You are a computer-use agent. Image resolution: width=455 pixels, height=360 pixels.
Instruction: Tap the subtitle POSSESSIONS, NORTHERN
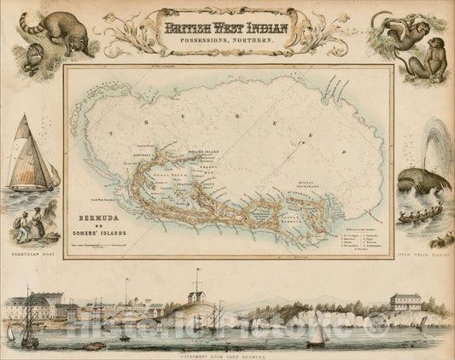coord(226,40)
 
